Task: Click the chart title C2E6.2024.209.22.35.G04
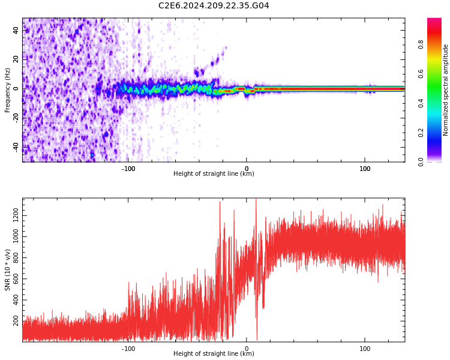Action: tap(214, 6)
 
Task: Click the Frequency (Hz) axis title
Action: tap(7, 90)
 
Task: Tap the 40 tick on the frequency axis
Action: tap(16, 30)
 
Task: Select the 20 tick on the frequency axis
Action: tap(16, 59)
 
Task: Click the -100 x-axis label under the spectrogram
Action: tap(128, 169)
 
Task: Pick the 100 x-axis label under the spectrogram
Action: tap(365, 169)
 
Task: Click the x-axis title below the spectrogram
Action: tap(214, 174)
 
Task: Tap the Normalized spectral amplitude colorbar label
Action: tap(446, 90)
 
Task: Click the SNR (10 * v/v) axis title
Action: tap(7, 270)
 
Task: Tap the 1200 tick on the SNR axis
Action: tap(11, 215)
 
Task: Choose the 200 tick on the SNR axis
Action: tap(14, 322)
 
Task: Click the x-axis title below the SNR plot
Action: tap(214, 354)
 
